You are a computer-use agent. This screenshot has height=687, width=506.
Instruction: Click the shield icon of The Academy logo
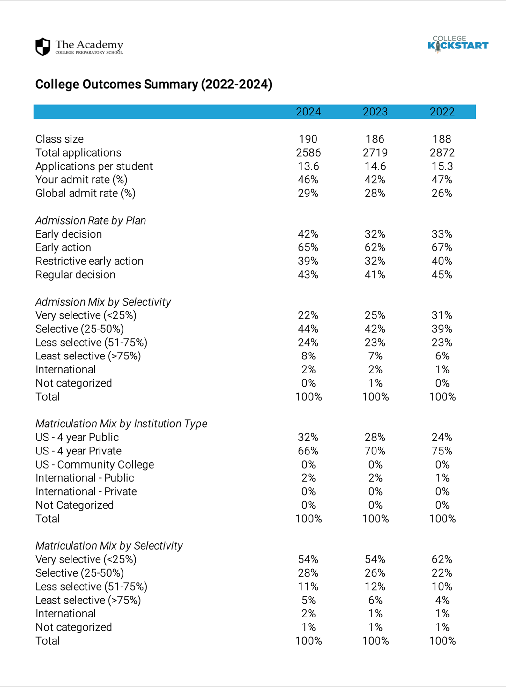[x=43, y=47]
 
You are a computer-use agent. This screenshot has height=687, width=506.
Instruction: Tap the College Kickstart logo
[x=458, y=44]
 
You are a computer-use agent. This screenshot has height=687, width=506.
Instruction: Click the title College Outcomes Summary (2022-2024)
[x=153, y=84]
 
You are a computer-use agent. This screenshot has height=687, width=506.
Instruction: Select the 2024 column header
[x=308, y=112]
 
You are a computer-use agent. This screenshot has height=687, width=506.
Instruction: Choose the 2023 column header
[x=375, y=112]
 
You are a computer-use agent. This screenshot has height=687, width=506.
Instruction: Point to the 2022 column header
[x=442, y=112]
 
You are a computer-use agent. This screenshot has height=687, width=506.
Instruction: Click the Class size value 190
[x=308, y=139]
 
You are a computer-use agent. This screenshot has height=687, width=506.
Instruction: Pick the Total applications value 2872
[x=442, y=153]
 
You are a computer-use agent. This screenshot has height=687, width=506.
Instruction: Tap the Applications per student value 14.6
[x=375, y=166]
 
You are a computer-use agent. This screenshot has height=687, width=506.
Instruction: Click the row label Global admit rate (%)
[x=86, y=193]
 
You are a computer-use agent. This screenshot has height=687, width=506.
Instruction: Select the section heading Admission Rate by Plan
[x=91, y=220]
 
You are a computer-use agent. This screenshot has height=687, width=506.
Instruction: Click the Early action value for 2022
[x=442, y=247]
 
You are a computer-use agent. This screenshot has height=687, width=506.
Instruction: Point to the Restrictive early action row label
[x=89, y=261]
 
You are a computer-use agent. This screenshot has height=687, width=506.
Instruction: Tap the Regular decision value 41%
[x=375, y=275]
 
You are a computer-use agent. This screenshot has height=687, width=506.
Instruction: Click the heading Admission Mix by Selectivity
[x=103, y=302]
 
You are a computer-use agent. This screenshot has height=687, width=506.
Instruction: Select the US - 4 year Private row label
[x=78, y=451]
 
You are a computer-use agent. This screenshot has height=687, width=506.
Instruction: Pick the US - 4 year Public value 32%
[x=308, y=437]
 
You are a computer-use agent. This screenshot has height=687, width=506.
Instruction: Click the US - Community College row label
[x=95, y=465]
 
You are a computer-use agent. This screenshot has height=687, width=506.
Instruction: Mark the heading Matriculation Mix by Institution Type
[x=121, y=424]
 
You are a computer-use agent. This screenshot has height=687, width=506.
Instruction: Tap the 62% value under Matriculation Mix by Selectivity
[x=442, y=559]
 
